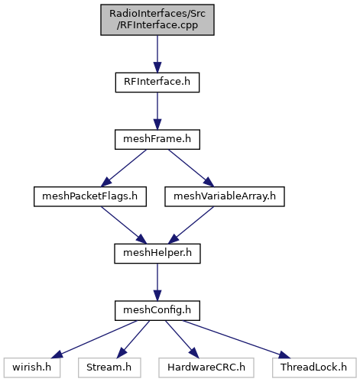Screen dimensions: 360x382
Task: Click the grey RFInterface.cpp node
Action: [x=157, y=20]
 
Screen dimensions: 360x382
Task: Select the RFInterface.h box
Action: [x=157, y=83]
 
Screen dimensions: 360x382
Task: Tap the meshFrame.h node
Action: [x=157, y=140]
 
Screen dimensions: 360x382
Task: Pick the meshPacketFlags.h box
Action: [x=90, y=196]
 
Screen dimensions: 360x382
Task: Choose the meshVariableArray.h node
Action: [x=225, y=196]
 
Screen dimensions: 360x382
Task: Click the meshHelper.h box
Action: [x=157, y=254]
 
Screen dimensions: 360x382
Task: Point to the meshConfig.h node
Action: [x=157, y=311]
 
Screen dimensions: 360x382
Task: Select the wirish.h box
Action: [x=32, y=367]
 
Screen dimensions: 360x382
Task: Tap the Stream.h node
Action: [x=109, y=367]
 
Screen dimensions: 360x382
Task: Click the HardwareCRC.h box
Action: [x=206, y=367]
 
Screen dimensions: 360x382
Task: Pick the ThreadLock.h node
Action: [x=314, y=367]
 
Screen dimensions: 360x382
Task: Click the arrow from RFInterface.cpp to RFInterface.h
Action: [x=157, y=54]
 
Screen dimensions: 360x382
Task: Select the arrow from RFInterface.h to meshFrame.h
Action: [x=157, y=111]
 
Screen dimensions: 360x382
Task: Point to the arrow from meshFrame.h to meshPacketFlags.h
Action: [x=124, y=168]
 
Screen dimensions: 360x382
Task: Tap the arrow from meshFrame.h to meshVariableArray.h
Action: [x=191, y=168]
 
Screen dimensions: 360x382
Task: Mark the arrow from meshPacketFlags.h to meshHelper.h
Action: [x=124, y=225]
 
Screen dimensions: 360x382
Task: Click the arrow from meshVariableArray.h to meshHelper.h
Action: [x=191, y=225]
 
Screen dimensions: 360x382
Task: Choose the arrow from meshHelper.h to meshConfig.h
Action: [x=157, y=282]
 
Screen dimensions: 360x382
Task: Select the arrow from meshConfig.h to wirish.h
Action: [x=94, y=339]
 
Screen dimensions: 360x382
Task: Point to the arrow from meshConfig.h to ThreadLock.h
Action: [x=236, y=339]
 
